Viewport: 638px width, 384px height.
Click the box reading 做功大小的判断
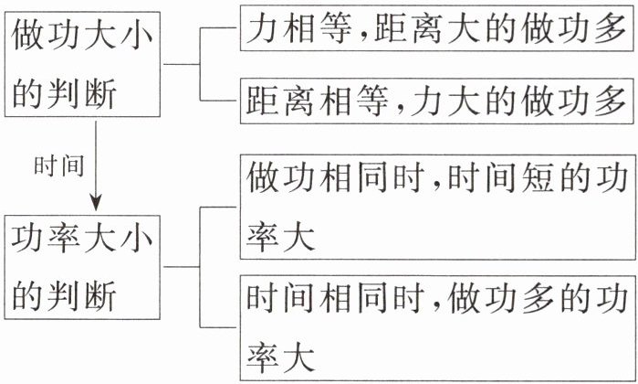[81, 64]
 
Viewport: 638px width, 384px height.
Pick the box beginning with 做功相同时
[436, 207]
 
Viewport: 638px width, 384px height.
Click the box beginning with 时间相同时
[436, 325]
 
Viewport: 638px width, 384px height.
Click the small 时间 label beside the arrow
[58, 166]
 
